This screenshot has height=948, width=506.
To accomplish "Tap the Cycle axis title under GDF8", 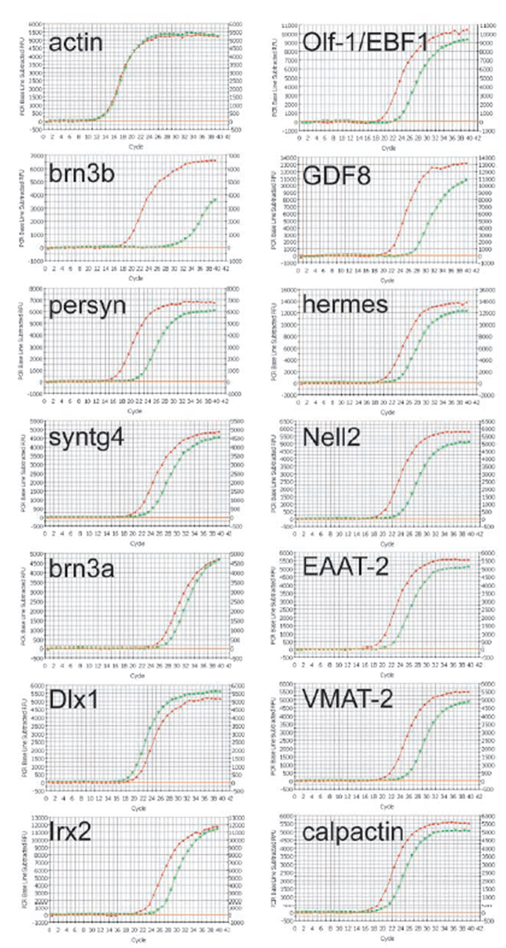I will pyautogui.click(x=388, y=280).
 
